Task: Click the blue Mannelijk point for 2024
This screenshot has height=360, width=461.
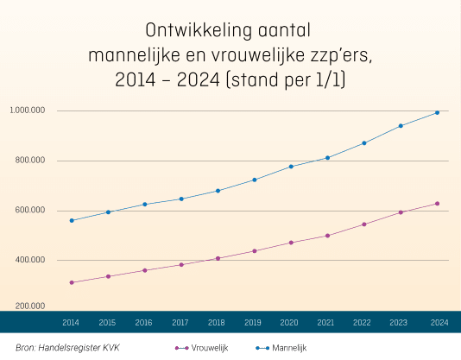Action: point(437,112)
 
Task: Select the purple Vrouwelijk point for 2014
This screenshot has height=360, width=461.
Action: point(72,282)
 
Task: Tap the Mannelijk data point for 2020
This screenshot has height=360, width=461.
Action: point(291,167)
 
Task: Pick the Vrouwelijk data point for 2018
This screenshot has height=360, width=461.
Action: point(218,258)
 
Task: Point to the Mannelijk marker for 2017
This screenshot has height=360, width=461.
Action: point(181,199)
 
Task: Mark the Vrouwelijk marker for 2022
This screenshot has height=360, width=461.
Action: point(364,224)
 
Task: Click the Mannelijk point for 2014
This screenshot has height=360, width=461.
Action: point(72,221)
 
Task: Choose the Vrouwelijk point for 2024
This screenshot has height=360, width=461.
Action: point(437,204)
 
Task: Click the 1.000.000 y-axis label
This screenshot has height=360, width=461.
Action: point(28,111)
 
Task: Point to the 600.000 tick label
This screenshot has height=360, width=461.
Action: point(30,210)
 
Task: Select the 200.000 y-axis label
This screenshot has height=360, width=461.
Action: point(30,306)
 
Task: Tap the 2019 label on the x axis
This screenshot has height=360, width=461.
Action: point(253,323)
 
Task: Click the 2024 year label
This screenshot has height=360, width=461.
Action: point(439,323)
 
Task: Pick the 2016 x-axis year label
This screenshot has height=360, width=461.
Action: point(143,323)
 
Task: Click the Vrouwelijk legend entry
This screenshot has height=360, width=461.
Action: point(202,348)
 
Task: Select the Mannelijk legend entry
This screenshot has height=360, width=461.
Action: point(281,348)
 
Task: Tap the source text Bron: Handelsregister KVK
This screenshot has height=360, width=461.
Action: point(67,348)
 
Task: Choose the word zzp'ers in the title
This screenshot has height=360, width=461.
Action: point(341,56)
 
